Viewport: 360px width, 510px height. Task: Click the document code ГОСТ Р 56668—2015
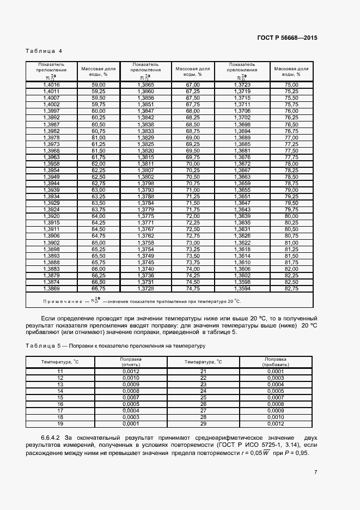click(286, 38)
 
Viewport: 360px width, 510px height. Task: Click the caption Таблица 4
click(44, 51)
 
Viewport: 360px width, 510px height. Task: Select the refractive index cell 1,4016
click(51, 85)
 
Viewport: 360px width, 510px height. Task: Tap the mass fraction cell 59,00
click(98, 85)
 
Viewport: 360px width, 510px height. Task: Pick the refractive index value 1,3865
click(146, 85)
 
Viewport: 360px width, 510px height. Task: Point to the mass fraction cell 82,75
click(291, 288)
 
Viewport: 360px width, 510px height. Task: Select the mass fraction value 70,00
click(193, 163)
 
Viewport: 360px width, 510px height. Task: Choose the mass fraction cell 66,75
click(98, 288)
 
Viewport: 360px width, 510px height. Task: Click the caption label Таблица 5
click(44, 346)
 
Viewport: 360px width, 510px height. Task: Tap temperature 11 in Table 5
click(60, 371)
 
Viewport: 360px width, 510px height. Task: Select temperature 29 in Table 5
click(203, 423)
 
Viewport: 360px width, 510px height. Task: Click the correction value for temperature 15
click(131, 397)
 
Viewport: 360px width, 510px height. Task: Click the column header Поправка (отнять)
click(131, 362)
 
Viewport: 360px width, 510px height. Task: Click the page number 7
click(315, 472)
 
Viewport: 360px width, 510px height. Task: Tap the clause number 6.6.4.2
click(52, 438)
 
